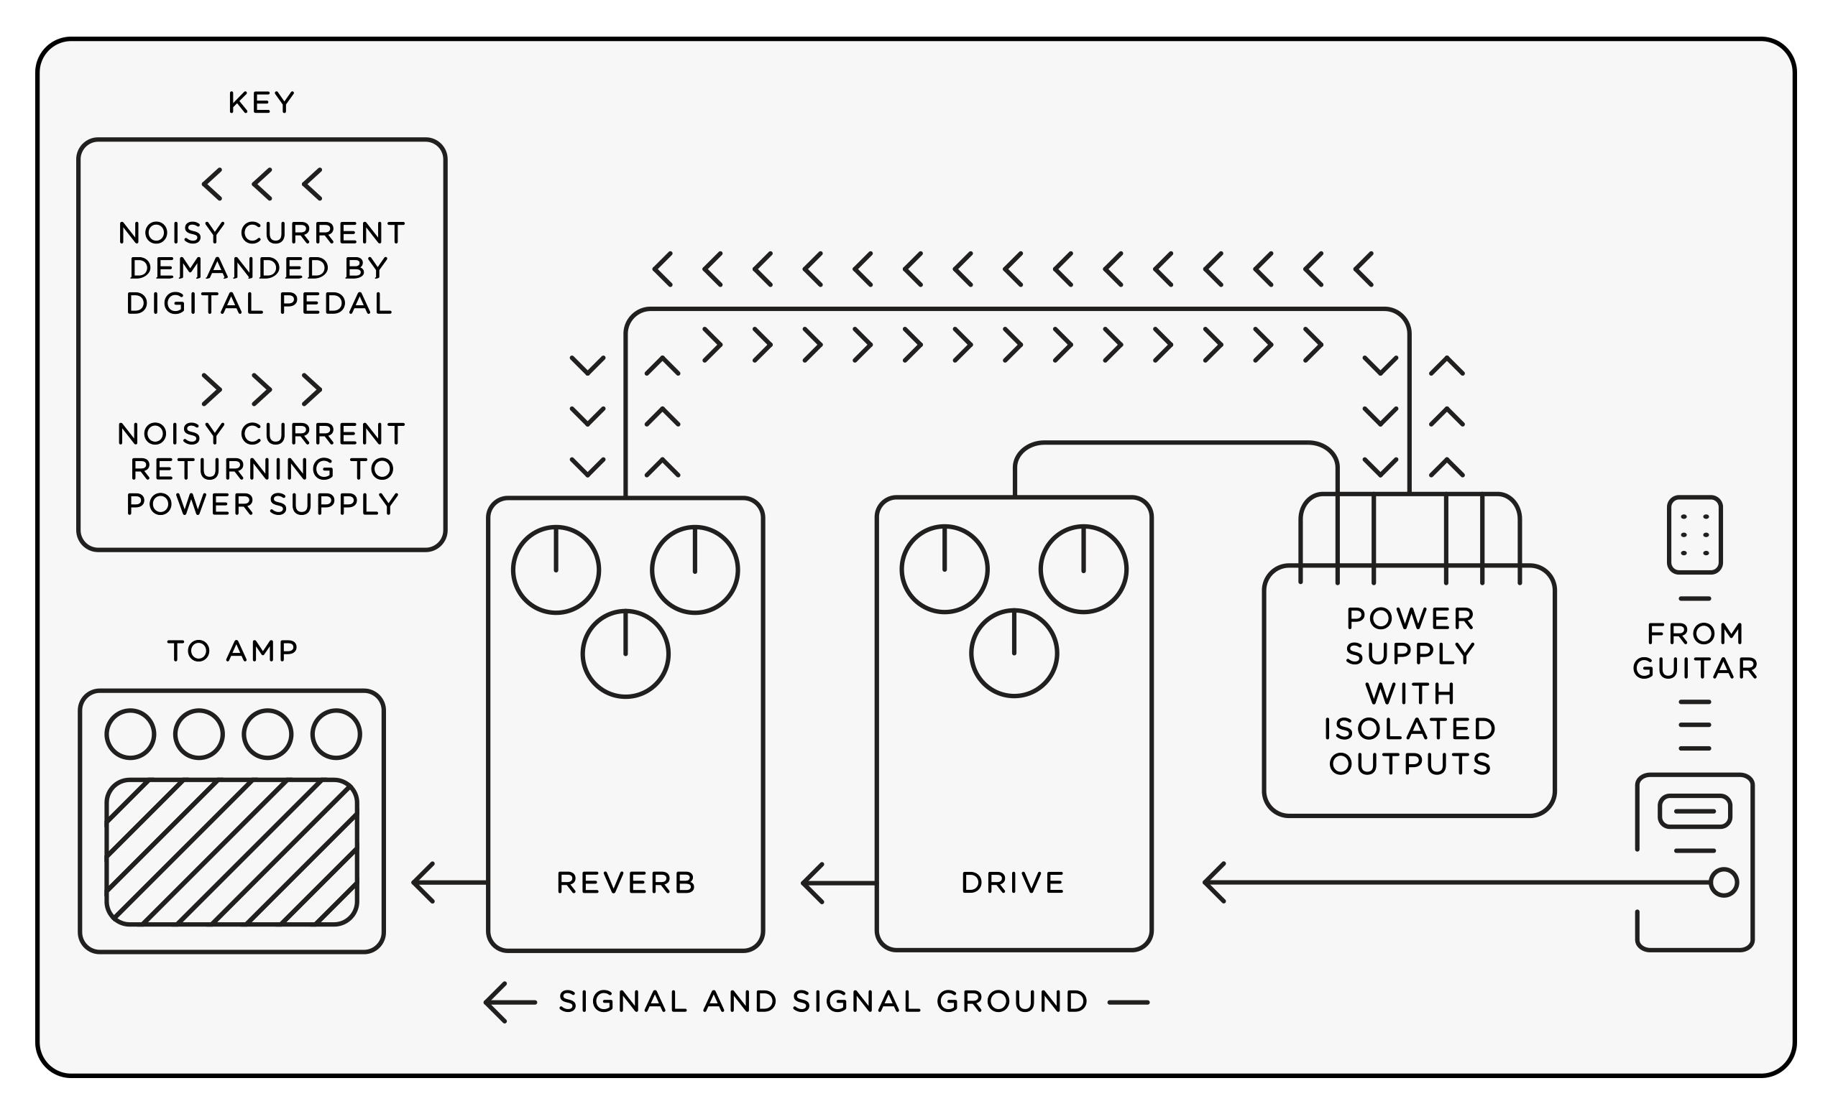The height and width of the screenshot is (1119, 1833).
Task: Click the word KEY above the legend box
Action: click(261, 103)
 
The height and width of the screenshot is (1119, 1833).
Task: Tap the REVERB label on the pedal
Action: click(625, 883)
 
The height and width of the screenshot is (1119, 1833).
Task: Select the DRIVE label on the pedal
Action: click(1014, 883)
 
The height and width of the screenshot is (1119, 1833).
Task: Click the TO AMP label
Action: click(232, 651)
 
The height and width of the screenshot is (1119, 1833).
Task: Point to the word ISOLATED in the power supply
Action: click(1410, 729)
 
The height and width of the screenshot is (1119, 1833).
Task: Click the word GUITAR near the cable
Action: click(1696, 668)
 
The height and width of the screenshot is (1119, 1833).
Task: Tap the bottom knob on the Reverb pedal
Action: click(625, 654)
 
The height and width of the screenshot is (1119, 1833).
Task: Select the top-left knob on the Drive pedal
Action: click(944, 570)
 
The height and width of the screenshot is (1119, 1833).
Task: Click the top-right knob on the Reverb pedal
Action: click(695, 570)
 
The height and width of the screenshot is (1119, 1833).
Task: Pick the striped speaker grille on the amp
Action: click(232, 852)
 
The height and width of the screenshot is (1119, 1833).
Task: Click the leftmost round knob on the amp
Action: click(131, 734)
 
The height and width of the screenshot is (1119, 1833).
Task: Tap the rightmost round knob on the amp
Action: click(336, 734)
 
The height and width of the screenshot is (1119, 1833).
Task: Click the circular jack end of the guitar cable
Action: click(1724, 883)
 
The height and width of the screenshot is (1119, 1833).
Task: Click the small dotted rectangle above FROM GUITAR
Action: click(1696, 534)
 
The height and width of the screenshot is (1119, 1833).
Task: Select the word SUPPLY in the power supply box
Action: click(1410, 654)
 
